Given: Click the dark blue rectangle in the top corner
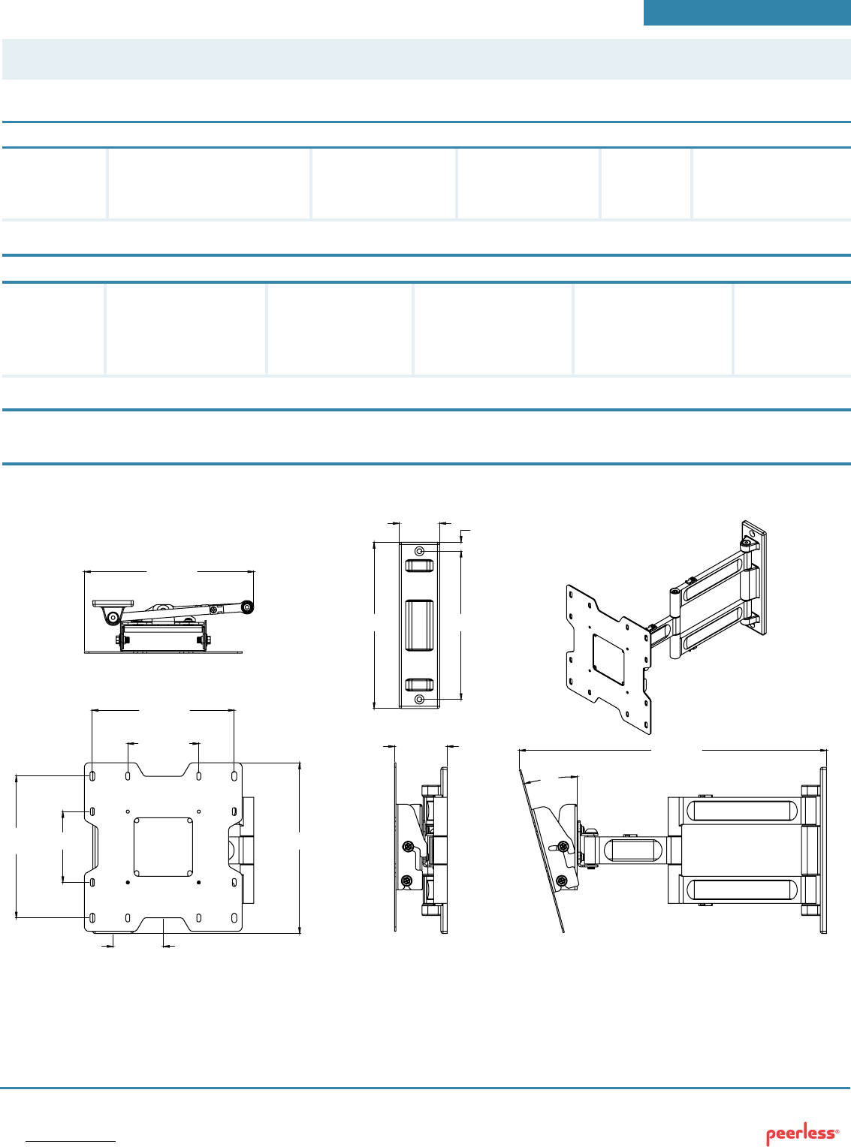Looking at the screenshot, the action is (747, 13).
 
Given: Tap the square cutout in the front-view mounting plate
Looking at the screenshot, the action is (163, 847).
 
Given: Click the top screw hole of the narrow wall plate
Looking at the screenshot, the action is (420, 551).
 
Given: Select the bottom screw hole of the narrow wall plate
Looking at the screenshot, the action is (420, 700).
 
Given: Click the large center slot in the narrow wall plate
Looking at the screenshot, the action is (419, 625).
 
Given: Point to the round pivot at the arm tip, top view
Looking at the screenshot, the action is (248, 607).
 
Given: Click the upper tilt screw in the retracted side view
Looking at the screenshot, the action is (409, 847).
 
